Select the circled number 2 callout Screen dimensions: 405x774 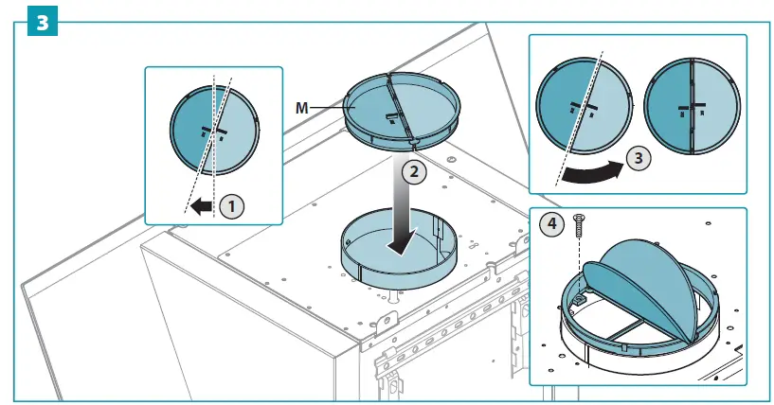pyautogui.click(x=413, y=172)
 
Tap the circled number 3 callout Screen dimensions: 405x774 pyautogui.click(x=641, y=158)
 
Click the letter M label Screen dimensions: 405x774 pyautogui.click(x=302, y=110)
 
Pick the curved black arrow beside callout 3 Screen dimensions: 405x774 pyautogui.click(x=592, y=171)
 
